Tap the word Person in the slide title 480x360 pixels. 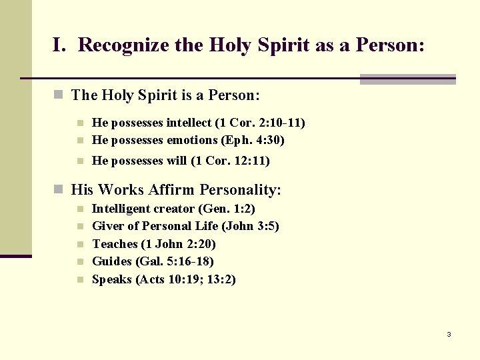pyautogui.click(x=389, y=45)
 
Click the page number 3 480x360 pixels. pyautogui.click(x=449, y=334)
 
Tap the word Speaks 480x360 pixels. pyautogui.click(x=112, y=279)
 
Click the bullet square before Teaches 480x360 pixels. pyautogui.click(x=79, y=245)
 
